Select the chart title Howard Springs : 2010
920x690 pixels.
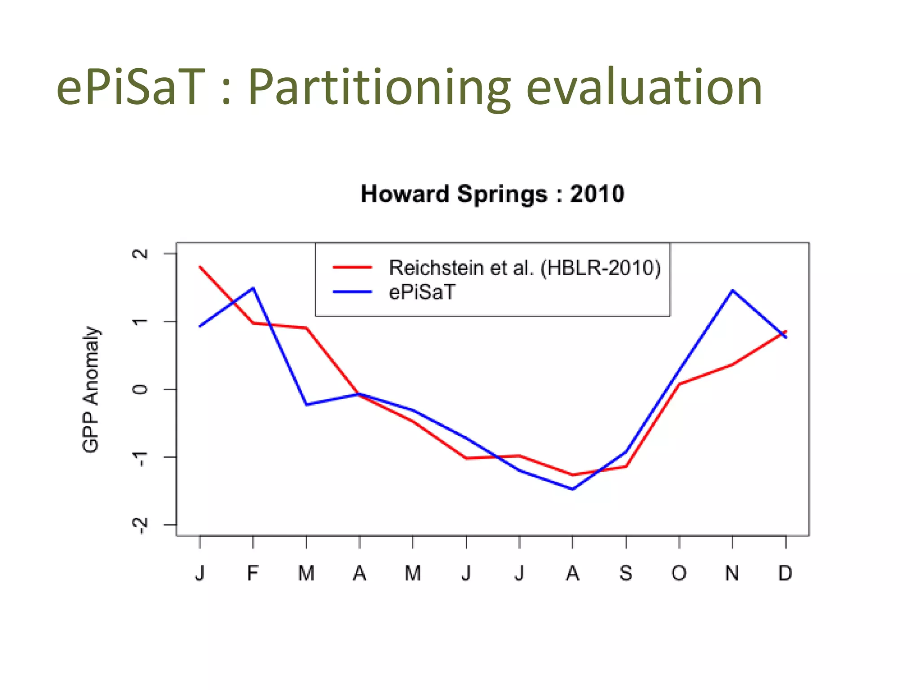pyautogui.click(x=492, y=194)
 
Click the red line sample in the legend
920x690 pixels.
pyautogui.click(x=352, y=267)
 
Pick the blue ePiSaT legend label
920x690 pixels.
pyautogui.click(x=422, y=292)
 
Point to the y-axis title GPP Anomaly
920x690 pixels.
pyautogui.click(x=91, y=389)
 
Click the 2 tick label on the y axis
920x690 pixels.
pyautogui.click(x=141, y=254)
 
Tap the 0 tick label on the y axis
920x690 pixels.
pyautogui.click(x=141, y=389)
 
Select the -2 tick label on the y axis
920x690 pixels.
pyautogui.click(x=141, y=525)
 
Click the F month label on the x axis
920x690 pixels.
pyautogui.click(x=253, y=574)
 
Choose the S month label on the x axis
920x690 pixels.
pyautogui.click(x=626, y=574)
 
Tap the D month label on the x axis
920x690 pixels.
pyautogui.click(x=785, y=574)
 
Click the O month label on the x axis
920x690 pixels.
pyautogui.click(x=679, y=574)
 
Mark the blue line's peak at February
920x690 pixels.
pyautogui.click(x=253, y=288)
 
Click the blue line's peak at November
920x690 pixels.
pyautogui.click(x=732, y=291)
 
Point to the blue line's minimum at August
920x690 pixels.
pyautogui.click(x=573, y=489)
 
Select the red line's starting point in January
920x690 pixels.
pyautogui.click(x=200, y=267)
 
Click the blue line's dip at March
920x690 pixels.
pyautogui.click(x=306, y=404)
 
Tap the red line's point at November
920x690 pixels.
pyautogui.click(x=732, y=364)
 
